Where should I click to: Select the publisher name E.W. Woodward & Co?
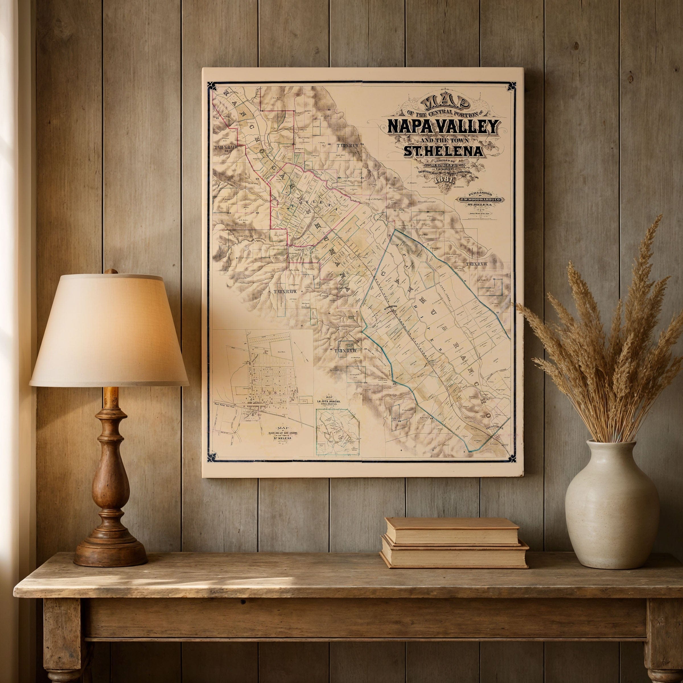point(480,200)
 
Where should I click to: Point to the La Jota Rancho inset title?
point(334,402)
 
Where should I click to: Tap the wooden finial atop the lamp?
point(111,272)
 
